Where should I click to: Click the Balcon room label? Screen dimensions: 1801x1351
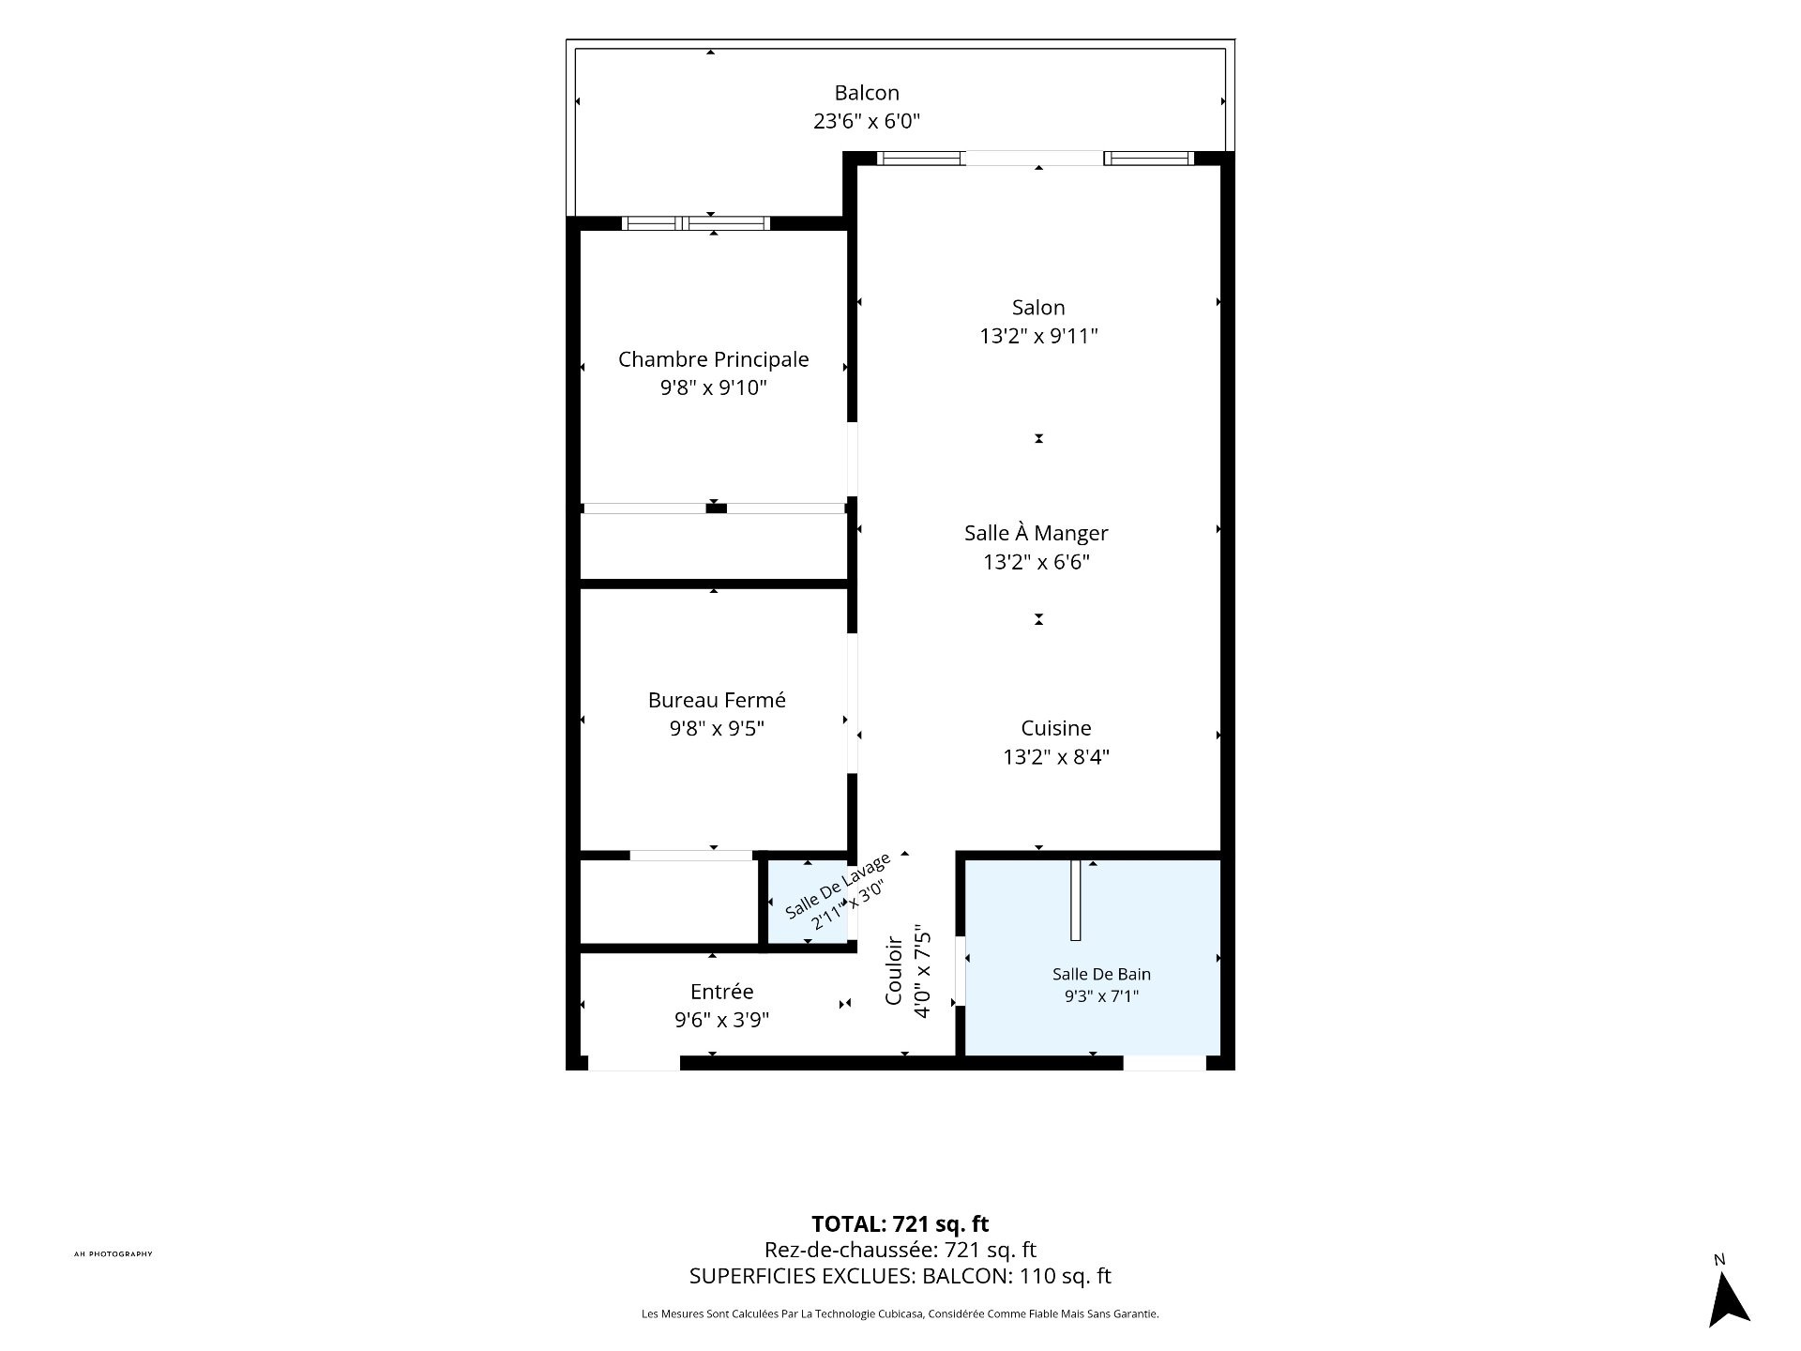point(867,93)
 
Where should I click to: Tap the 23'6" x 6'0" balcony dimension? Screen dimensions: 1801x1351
point(867,121)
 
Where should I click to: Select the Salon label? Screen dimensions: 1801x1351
point(1038,308)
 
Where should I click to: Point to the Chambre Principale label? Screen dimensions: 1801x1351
point(713,359)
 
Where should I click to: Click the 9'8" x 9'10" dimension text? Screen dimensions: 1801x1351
point(713,387)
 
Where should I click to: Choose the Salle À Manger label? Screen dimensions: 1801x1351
point(1036,532)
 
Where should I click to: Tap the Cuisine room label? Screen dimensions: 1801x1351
point(1056,728)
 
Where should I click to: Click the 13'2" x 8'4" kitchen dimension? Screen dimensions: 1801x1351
point(1056,756)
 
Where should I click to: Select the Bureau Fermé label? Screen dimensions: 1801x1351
point(717,700)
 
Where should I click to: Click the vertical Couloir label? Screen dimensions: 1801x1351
point(895,970)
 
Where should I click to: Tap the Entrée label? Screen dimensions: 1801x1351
point(721,992)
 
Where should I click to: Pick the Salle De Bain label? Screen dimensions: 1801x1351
point(1101,974)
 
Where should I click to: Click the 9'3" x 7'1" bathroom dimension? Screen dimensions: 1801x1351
point(1101,995)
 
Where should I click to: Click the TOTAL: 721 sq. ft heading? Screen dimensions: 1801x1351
point(900,1223)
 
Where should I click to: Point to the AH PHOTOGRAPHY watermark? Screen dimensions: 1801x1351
point(113,1253)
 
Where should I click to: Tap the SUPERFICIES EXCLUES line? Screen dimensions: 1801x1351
point(900,1276)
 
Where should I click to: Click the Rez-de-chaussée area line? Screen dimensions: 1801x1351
point(900,1250)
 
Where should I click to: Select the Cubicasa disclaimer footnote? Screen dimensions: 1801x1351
point(900,1314)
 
